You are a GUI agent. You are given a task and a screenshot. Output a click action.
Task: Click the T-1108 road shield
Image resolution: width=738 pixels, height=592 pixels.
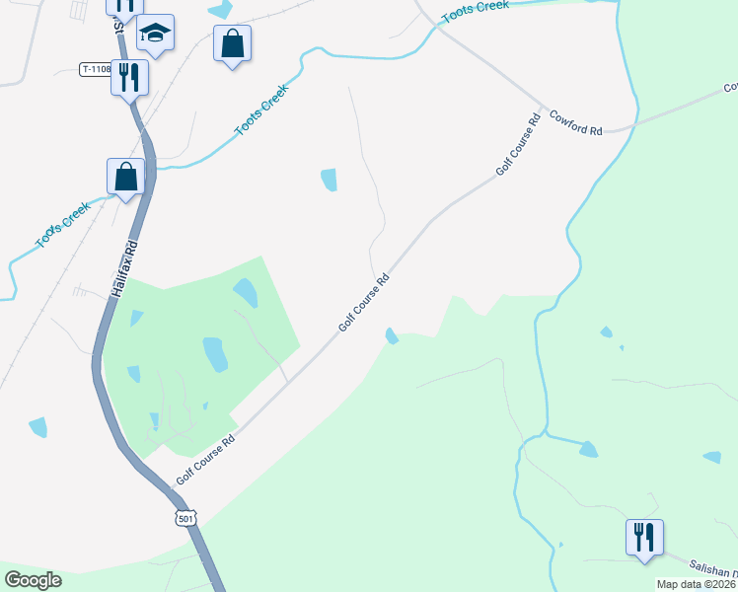click(x=95, y=69)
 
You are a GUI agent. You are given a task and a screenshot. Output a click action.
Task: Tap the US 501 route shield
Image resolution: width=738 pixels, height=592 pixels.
click(x=185, y=518)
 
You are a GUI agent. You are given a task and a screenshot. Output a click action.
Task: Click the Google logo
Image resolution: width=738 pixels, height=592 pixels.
click(x=33, y=580)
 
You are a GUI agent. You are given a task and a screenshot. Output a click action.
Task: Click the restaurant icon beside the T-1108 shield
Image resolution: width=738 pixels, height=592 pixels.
click(x=130, y=76)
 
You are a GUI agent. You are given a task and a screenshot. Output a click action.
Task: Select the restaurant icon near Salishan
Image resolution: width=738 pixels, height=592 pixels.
click(x=643, y=537)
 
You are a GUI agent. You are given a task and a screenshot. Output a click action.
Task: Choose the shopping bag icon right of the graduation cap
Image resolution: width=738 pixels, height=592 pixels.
click(x=232, y=43)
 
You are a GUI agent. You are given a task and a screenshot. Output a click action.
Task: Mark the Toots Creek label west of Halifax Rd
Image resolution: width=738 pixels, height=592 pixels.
click(x=62, y=226)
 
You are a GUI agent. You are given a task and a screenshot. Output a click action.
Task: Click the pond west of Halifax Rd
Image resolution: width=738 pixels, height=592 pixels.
click(x=38, y=427)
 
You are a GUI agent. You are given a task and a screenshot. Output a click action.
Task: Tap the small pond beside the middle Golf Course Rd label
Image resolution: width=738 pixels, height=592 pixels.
click(x=392, y=336)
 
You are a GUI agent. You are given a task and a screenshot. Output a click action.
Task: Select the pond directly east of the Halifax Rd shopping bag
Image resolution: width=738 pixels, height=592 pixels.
click(x=329, y=180)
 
